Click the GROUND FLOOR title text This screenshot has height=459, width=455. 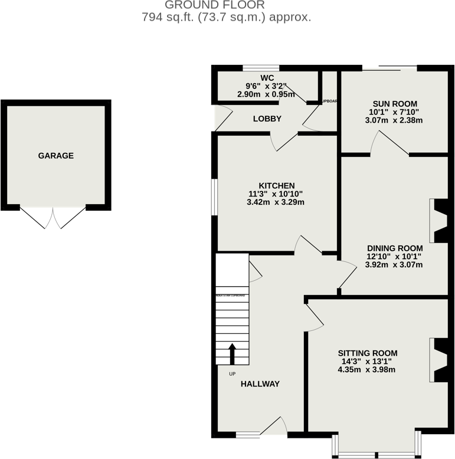(x=227, y=5)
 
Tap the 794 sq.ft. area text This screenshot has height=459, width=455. (x=227, y=17)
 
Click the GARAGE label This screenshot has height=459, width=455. (x=56, y=156)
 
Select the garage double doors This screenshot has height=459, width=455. (x=53, y=217)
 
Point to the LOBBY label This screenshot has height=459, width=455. (x=267, y=119)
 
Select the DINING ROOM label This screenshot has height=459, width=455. (x=395, y=247)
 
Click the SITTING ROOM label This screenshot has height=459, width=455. (x=366, y=353)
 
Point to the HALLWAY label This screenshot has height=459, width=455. (x=260, y=383)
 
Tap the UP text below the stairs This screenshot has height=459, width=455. (x=232, y=373)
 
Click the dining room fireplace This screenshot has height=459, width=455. (x=440, y=221)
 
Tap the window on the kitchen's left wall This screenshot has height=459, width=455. (x=215, y=197)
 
